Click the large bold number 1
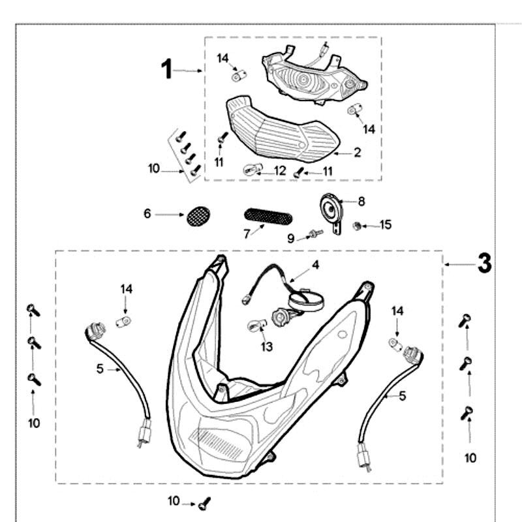click(x=167, y=69)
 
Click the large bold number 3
click(x=484, y=263)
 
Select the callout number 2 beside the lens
click(x=358, y=153)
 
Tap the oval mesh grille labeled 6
click(x=198, y=216)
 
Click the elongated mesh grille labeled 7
click(x=268, y=217)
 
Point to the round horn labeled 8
click(x=331, y=210)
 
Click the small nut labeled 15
click(x=357, y=226)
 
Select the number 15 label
click(x=386, y=224)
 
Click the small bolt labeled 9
click(x=315, y=234)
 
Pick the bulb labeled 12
click(x=253, y=170)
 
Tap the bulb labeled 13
click(x=257, y=324)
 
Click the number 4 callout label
click(x=316, y=265)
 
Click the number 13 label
click(x=267, y=346)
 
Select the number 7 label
click(x=247, y=234)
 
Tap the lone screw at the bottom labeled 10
click(x=204, y=504)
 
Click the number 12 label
click(x=280, y=171)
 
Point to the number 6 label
click(x=147, y=213)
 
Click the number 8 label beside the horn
click(x=361, y=202)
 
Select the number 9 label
click(x=291, y=238)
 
